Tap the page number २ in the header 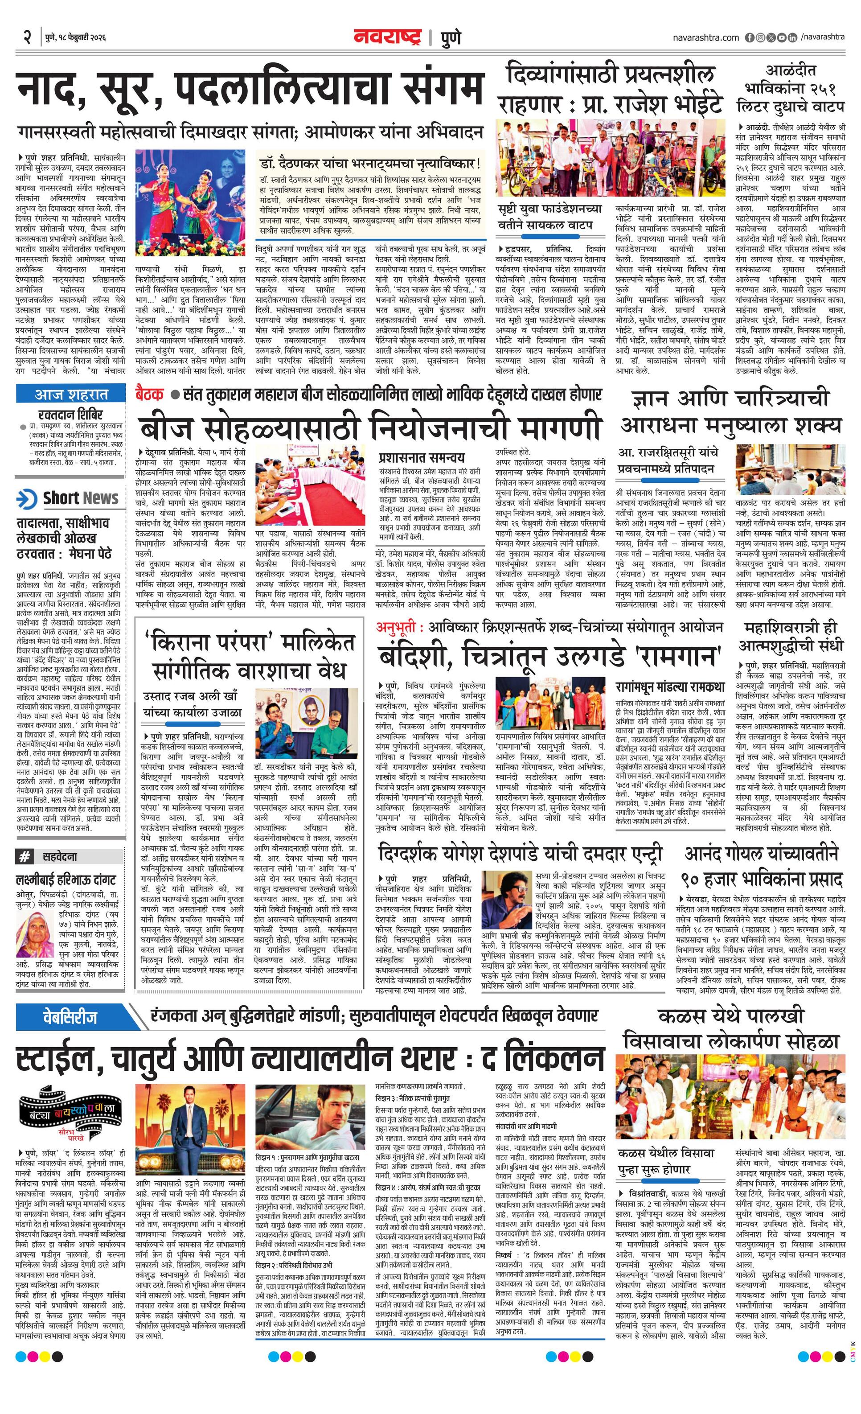[26, 37]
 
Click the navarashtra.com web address [705, 38]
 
